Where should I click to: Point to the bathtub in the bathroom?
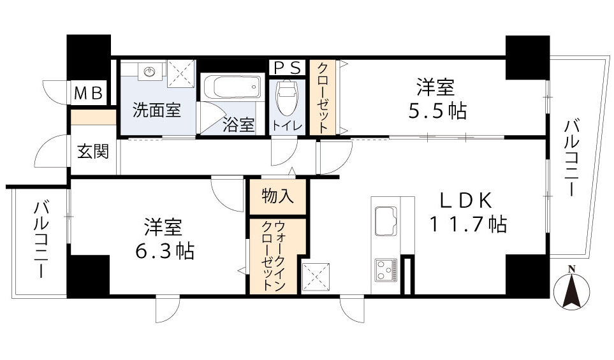tap(231, 87)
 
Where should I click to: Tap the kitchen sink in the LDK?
tap(385, 220)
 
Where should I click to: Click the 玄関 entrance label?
tap(92, 152)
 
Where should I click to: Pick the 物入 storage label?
tap(278, 197)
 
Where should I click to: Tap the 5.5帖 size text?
tap(437, 111)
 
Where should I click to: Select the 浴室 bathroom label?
tap(238, 125)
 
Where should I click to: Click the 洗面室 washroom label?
tap(156, 110)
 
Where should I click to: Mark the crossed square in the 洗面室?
tap(181, 73)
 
